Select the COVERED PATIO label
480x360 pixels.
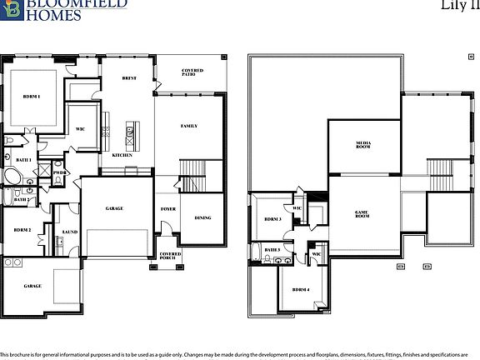[x=192, y=72]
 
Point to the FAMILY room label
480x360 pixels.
[x=189, y=126]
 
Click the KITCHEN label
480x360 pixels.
[x=122, y=155]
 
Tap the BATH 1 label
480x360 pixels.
[x=24, y=159]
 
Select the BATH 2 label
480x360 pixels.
[x=22, y=199]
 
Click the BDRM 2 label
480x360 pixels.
[x=22, y=229]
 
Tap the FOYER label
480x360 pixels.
[x=167, y=209]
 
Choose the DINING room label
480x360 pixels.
[x=202, y=218]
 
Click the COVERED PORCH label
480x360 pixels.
[x=170, y=256]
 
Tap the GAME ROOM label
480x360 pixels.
[x=362, y=213]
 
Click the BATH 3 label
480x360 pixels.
[x=272, y=249]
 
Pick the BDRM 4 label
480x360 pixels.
[x=301, y=289]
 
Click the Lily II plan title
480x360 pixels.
[x=457, y=5]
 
